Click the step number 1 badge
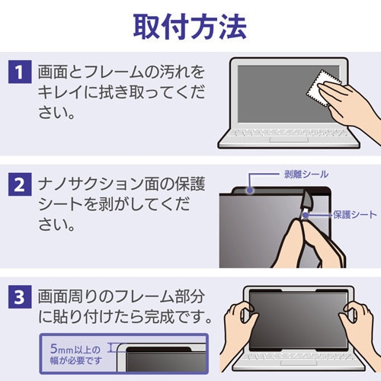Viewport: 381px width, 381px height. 19,74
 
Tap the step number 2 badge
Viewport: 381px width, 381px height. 19,184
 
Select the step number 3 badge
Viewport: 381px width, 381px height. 19,294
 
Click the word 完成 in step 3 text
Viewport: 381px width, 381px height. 154,317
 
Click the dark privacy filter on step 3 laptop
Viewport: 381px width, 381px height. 293,312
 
